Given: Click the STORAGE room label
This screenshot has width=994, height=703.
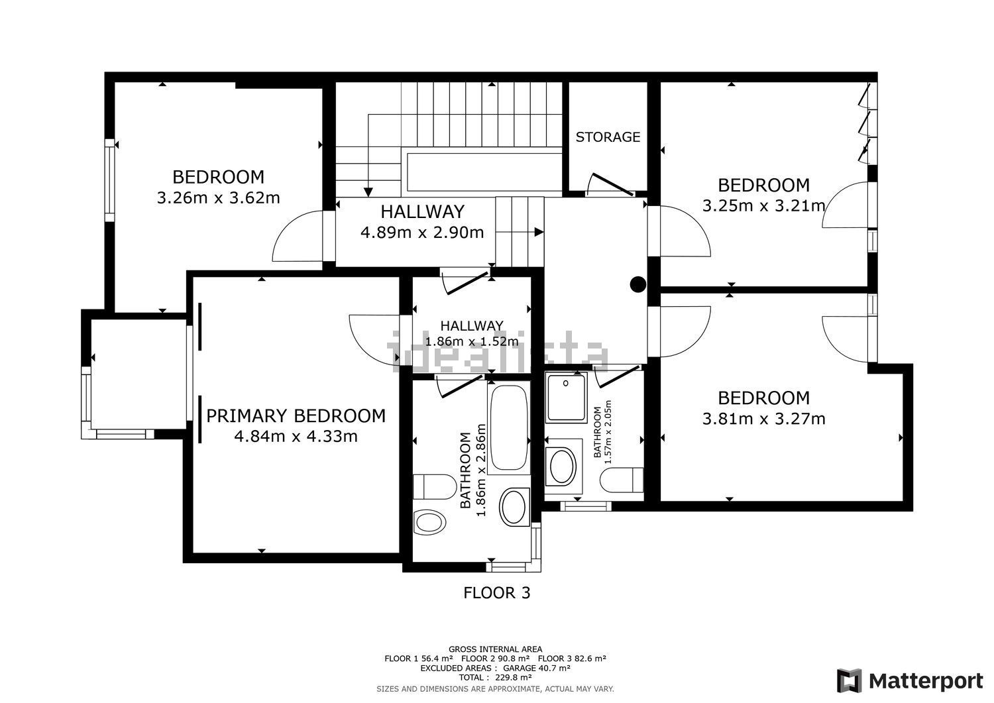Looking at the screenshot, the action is pos(608,136).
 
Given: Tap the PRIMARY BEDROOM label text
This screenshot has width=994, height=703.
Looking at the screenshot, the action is pos(296,416).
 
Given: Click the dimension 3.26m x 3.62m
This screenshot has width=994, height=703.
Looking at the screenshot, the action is pos(218,197).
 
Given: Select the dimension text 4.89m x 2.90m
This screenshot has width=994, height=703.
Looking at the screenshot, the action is pos(422,232).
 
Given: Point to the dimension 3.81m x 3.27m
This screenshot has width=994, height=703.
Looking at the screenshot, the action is pos(763,419).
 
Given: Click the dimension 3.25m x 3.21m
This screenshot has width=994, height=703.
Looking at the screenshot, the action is pos(763,205).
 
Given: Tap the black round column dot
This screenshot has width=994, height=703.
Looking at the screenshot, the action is pos(637,284).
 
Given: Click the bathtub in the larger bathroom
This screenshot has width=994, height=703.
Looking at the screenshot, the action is pos(508,427).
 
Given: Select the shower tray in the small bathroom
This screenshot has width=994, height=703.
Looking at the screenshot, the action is pos(566,397).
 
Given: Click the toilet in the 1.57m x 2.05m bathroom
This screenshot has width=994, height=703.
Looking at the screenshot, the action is pos(622,480).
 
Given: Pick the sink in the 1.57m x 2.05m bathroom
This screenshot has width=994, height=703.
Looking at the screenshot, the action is pos(563,466).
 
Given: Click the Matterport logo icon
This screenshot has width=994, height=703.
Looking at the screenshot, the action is pos(849,681).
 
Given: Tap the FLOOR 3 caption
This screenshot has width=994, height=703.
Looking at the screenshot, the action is pos(496,593).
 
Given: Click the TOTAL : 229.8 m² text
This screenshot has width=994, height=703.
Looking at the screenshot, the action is pos(495,678).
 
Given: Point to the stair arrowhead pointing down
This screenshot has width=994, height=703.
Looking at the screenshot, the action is pos(368,191).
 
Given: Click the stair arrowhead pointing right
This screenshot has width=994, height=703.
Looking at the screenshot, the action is pos(539,232).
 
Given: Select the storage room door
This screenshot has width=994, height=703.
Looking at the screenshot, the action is pos(610,184).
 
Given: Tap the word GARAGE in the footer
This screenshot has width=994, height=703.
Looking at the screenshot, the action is pos(519,668).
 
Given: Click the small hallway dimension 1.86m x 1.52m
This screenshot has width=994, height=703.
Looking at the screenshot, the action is pos(472,341).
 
